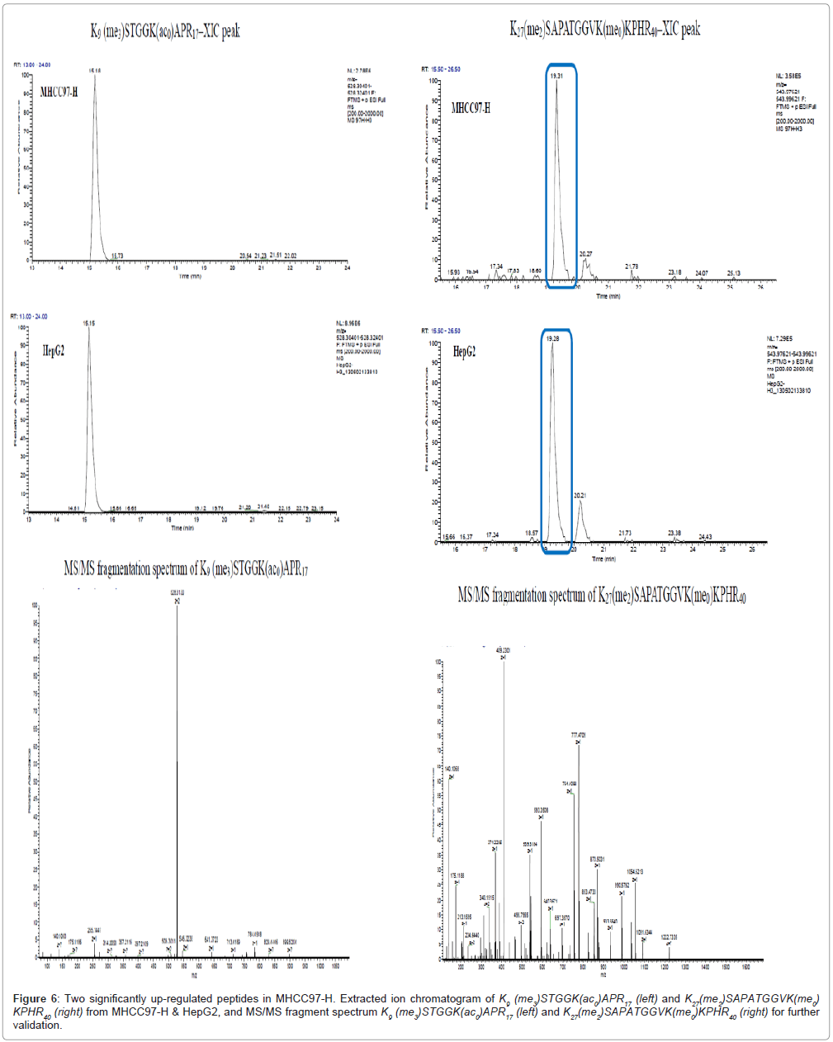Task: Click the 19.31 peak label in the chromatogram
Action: (x=557, y=76)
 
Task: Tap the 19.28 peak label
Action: (x=552, y=338)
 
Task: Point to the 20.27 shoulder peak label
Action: (x=585, y=254)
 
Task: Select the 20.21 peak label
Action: (x=580, y=495)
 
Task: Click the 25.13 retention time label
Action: (x=733, y=273)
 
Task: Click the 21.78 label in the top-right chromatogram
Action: (x=632, y=266)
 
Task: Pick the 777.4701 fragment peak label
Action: (x=578, y=735)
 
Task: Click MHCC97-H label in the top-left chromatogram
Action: (x=59, y=92)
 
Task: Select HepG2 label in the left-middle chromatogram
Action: (x=54, y=351)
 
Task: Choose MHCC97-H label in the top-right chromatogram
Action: (x=471, y=107)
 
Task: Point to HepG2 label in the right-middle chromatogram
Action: (x=464, y=351)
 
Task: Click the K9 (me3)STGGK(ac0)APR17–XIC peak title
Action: (x=165, y=31)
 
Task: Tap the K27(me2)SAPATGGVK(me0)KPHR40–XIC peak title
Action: (x=604, y=29)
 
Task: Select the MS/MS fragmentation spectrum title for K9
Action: (x=186, y=568)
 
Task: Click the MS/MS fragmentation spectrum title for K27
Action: (x=602, y=595)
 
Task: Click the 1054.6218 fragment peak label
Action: (x=634, y=871)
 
